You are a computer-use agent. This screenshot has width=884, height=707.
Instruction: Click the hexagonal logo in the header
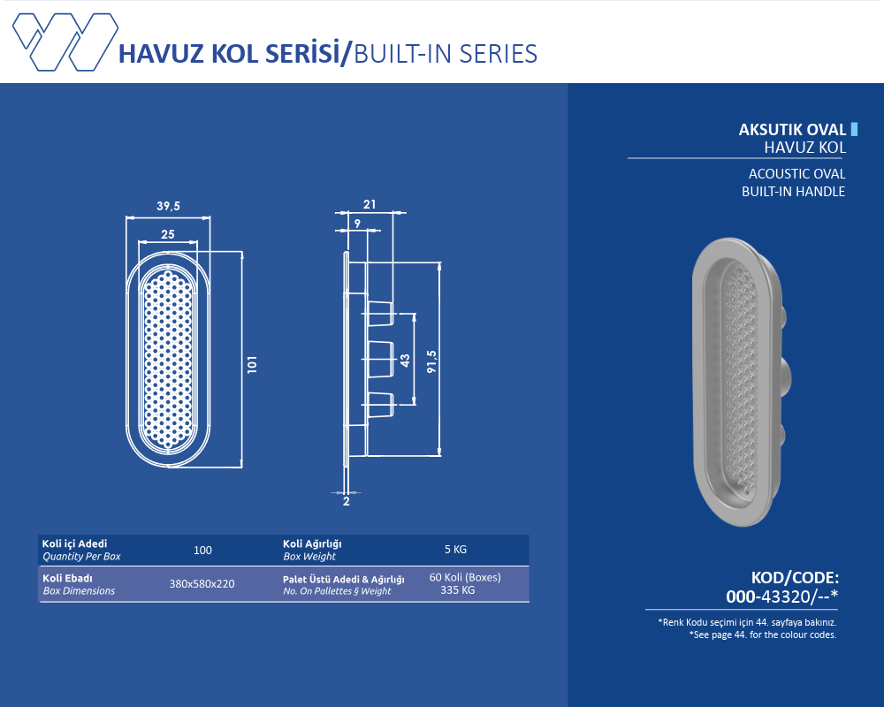(x=65, y=42)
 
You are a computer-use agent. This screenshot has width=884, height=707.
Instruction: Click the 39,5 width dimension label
(x=168, y=206)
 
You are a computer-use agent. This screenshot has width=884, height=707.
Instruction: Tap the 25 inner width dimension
(x=167, y=234)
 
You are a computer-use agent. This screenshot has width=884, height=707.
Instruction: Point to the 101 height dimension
(x=252, y=363)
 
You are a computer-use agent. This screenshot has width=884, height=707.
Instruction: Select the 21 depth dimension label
(x=370, y=204)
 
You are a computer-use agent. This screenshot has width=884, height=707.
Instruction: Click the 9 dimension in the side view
(x=357, y=224)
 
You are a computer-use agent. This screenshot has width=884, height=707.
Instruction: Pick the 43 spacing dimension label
(x=405, y=361)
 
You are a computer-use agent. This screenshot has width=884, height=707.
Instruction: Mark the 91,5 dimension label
(x=432, y=361)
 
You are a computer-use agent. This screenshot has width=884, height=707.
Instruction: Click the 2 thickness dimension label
(x=347, y=501)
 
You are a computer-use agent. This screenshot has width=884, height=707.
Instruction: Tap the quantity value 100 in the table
(x=202, y=551)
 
